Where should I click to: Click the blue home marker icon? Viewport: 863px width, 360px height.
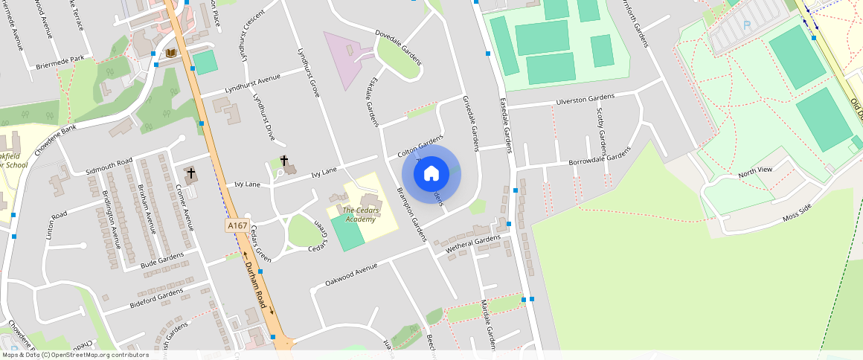coord(431,174)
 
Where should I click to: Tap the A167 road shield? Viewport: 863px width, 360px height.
coord(237,225)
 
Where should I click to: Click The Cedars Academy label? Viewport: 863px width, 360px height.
coord(360,214)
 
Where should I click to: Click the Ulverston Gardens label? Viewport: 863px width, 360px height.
coord(586,100)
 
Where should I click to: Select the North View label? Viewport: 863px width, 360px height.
coord(755,171)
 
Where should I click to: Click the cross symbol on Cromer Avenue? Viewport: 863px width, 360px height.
coord(191,173)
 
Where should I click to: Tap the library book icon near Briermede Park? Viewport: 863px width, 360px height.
coord(171,53)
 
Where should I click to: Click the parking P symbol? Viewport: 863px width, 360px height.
coord(746,26)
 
